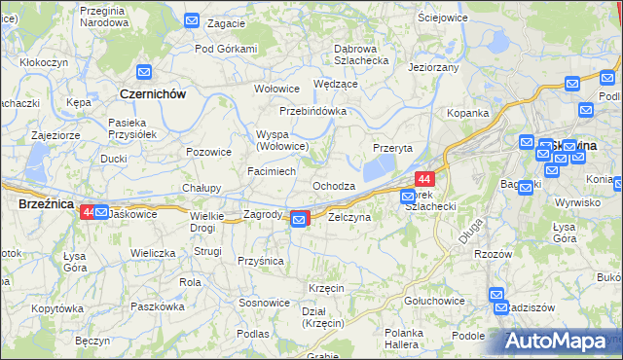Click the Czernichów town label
tap(151, 93)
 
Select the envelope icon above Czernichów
tap(144, 72)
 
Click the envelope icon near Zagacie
tap(192, 19)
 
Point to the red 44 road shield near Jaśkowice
tap(88, 211)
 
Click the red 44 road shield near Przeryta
tap(424, 179)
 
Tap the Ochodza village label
tap(333, 185)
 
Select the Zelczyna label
tap(349, 217)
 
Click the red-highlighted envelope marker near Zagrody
tap(300, 221)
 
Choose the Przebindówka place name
tap(313, 111)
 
